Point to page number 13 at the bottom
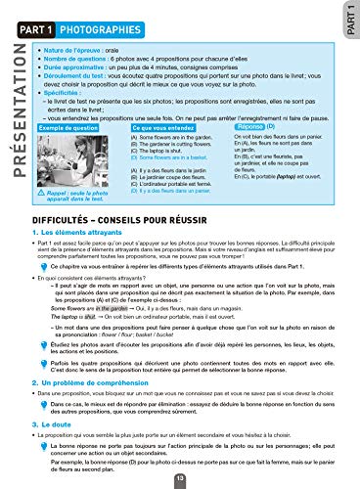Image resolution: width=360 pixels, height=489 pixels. (x=179, y=478)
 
